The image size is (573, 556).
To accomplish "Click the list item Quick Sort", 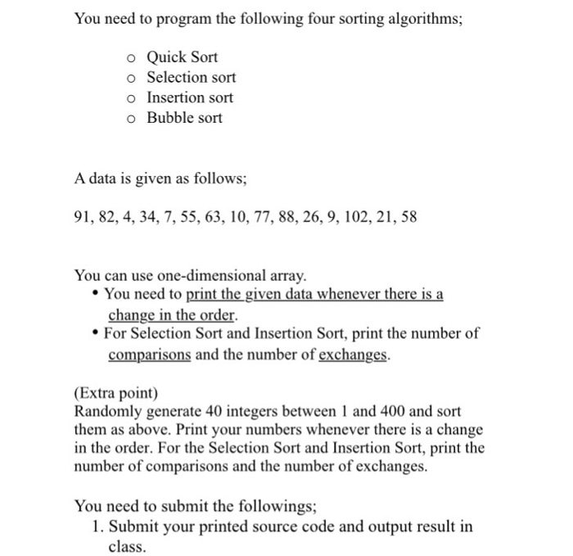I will point(182,57).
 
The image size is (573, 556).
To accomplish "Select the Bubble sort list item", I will point(184,117).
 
